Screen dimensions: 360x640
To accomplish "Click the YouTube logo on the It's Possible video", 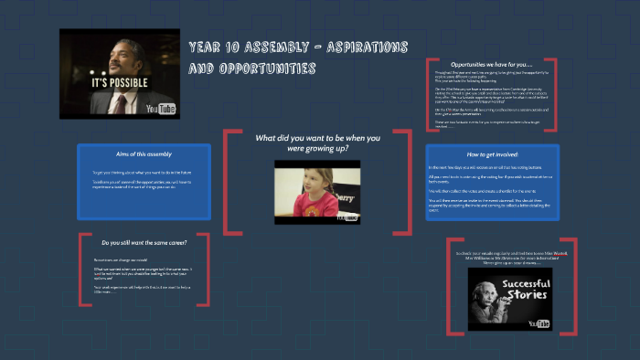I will click(x=162, y=109).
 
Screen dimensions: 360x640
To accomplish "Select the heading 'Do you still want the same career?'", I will click(x=144, y=243).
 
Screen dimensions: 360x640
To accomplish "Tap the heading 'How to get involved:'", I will click(x=493, y=154).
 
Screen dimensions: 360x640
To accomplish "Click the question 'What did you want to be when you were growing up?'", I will click(x=318, y=143).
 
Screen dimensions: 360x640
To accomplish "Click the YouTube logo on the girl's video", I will click(x=347, y=217).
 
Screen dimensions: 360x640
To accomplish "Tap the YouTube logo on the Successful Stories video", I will click(x=539, y=323).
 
